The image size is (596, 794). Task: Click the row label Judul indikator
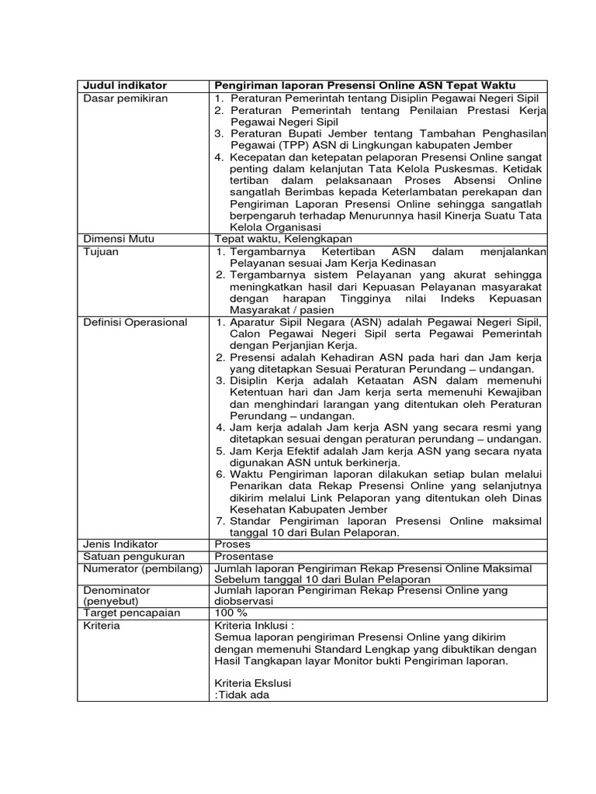tap(125, 85)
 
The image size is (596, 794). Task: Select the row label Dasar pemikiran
tap(126, 98)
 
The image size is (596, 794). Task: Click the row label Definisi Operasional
tap(135, 323)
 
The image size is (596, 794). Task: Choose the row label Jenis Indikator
tap(121, 544)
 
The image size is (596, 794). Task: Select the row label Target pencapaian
tap(131, 613)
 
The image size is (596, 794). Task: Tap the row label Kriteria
tap(102, 626)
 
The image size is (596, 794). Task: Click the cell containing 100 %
tap(230, 613)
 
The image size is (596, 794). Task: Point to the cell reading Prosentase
tap(244, 557)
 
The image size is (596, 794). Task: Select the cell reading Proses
tap(233, 544)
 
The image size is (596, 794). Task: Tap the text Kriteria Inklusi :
tap(255, 626)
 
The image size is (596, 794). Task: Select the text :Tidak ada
tap(241, 695)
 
